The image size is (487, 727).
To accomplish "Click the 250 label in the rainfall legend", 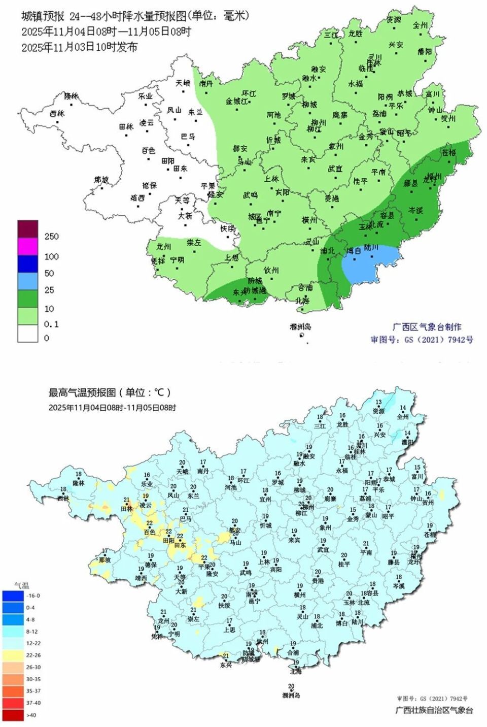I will coord(51,237).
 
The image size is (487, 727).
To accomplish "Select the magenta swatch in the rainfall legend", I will coord(28,246).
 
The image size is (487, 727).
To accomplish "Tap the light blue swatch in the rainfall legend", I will coord(28,281).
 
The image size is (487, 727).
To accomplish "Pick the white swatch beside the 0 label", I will coord(28,333).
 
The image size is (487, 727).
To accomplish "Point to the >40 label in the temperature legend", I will coord(31,715).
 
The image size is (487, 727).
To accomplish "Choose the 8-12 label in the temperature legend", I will coord(31,632).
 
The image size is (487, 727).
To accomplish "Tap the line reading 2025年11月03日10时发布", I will coord(79,47).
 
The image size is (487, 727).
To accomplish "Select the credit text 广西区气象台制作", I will coord(427,327).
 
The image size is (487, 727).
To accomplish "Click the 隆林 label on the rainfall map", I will coord(72,96).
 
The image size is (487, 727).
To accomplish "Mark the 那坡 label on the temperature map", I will coord(105,560).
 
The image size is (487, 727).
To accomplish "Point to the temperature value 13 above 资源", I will coord(378,402).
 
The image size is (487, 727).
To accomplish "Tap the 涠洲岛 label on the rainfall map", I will coord(300,326).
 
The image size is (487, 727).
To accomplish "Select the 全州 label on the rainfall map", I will coord(420,25).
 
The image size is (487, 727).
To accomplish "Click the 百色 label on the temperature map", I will coord(149,532).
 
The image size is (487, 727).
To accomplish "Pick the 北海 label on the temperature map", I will coord(296,671).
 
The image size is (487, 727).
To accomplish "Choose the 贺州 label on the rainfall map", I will coord(448,118).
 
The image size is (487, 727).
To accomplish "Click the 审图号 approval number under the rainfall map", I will coord(422,340).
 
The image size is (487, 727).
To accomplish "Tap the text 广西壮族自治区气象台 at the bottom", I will coord(434,710).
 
